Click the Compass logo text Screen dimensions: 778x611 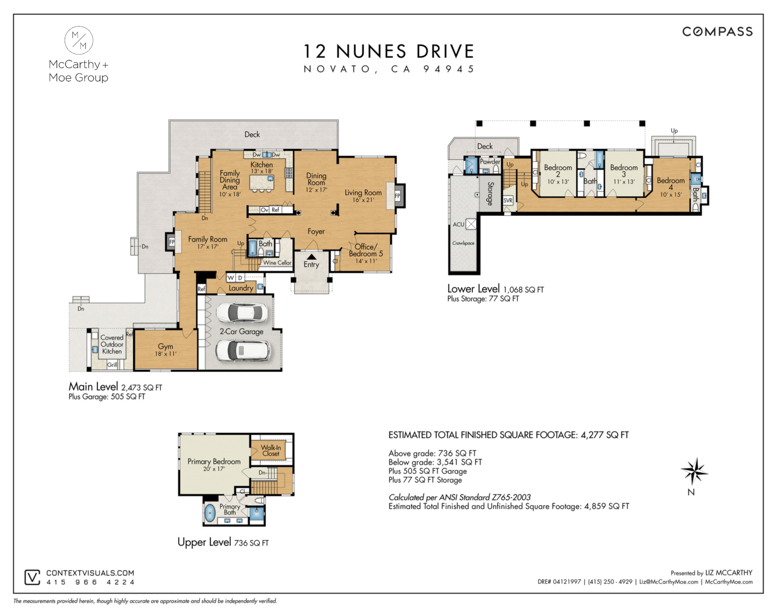pos(717,32)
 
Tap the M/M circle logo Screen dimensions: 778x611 pos(79,40)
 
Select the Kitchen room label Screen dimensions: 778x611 pos(262,165)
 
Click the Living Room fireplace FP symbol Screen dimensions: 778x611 pos(397,196)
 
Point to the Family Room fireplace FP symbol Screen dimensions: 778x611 pos(172,242)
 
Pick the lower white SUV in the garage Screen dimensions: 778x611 pos(242,349)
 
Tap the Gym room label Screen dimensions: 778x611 pos(165,346)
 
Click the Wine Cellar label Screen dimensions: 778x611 pos(277,262)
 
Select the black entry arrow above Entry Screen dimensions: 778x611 pos(311,257)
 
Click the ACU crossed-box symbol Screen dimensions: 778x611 pos(471,224)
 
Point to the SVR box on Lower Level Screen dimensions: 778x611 pos(508,200)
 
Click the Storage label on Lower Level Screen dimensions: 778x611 pos(491,193)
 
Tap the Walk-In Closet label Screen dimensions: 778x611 pos(271,451)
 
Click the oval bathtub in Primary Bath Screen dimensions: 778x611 pos(210,513)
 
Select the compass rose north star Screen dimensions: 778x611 pos(694,471)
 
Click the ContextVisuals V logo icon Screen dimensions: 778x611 pos(32,577)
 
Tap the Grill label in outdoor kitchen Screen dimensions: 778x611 pos(112,365)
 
